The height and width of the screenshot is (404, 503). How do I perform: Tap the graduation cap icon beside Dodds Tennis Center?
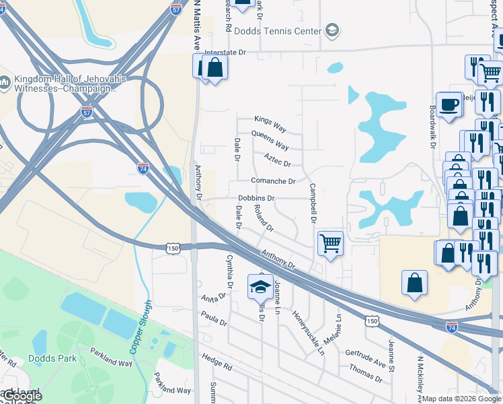[x=332, y=30]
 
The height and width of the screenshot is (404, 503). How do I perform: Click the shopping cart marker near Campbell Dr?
[x=330, y=243]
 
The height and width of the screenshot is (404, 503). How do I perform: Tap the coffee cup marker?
[x=449, y=105]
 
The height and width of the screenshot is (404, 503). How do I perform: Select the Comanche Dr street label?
[x=273, y=181]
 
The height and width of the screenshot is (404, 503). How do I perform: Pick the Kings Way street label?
[x=270, y=124]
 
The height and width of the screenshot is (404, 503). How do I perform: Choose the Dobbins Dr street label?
[x=256, y=198]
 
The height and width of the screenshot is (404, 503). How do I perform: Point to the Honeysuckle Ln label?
[x=308, y=332]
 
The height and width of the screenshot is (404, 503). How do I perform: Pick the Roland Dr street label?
[x=264, y=218]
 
